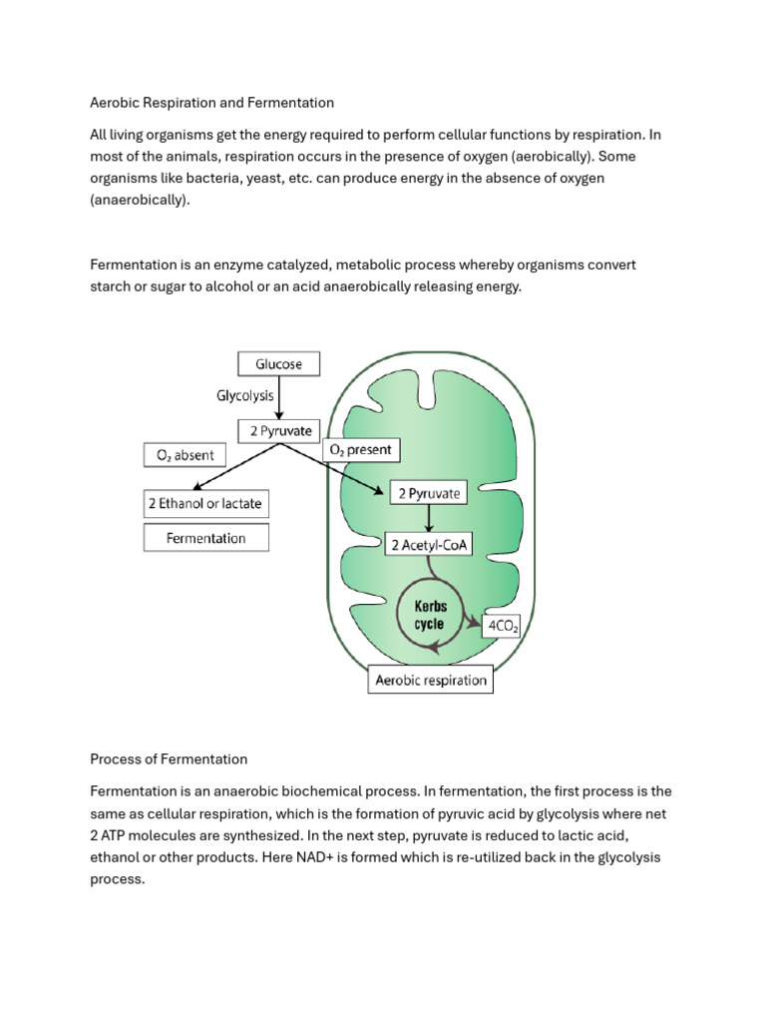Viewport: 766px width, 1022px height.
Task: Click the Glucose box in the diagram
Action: [x=278, y=363]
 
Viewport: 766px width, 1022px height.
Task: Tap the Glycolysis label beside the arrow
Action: [x=245, y=396]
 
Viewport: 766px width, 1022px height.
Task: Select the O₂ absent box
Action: [x=185, y=455]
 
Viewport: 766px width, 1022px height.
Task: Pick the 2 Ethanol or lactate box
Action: [x=205, y=504]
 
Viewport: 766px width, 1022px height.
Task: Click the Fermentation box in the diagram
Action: [x=205, y=538]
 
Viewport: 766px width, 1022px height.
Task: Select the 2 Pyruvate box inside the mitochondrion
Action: [x=429, y=493]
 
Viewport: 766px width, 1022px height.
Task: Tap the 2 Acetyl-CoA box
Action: [x=429, y=544]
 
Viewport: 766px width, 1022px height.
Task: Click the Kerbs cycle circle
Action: [x=429, y=615]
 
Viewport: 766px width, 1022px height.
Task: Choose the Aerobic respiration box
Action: [x=430, y=681]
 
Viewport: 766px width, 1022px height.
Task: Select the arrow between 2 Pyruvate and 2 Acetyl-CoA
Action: [x=429, y=518]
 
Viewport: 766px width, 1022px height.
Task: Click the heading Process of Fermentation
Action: [x=169, y=759]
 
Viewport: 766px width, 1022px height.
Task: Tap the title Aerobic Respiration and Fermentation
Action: [x=211, y=102]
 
